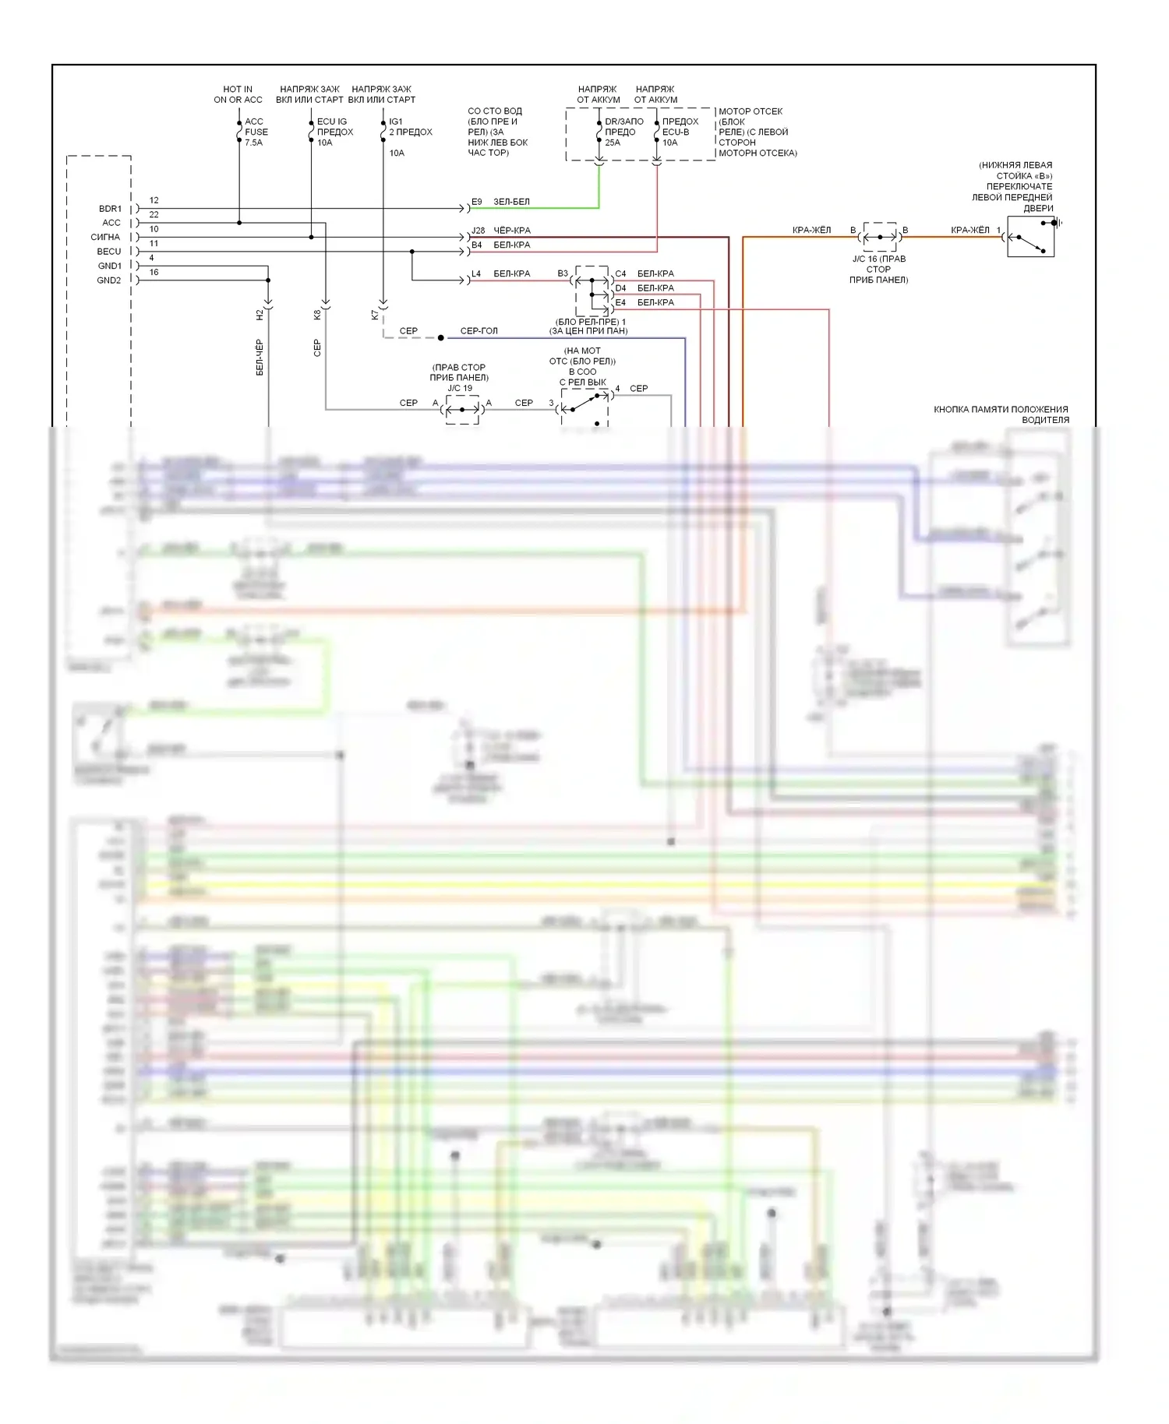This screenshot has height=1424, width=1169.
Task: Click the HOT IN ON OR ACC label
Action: coord(238,94)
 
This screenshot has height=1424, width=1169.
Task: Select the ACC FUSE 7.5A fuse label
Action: coord(256,132)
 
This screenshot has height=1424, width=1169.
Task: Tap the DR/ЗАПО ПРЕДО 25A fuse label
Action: coord(623,132)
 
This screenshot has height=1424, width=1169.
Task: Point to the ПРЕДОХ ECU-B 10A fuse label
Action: coord(680,132)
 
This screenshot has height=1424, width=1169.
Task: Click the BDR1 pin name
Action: coord(110,209)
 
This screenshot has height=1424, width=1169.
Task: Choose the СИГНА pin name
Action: coord(105,237)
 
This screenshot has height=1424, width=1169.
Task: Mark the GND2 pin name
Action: coord(109,280)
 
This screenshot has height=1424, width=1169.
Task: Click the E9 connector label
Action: coord(477,202)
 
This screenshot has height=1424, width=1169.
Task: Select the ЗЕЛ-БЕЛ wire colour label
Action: coord(511,202)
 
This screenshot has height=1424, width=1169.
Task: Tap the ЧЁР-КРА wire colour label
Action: coord(512,231)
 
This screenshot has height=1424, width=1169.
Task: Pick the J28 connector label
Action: coord(478,231)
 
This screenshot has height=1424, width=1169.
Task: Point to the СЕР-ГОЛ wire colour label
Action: coord(479,331)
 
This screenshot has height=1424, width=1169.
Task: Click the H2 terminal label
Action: coord(260,315)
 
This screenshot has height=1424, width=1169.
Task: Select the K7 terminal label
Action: coord(375,315)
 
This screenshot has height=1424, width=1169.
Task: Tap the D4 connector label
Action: coord(620,288)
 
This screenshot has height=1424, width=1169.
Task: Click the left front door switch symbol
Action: coord(1030,237)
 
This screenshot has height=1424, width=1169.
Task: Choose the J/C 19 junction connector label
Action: coord(460,388)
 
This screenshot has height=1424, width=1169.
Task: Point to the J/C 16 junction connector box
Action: coord(880,237)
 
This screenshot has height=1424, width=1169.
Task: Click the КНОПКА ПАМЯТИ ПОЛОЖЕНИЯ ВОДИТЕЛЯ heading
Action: coord(1001,414)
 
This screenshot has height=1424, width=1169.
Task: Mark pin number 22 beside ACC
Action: coord(154,215)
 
